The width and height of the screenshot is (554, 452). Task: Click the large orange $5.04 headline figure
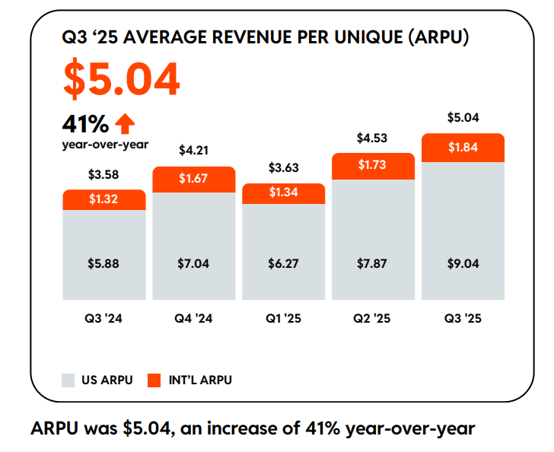point(122,78)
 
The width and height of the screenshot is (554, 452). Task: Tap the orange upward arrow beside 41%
point(124,123)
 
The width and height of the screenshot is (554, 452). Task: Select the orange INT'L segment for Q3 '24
point(104,199)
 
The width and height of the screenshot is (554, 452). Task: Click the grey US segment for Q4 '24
point(193,245)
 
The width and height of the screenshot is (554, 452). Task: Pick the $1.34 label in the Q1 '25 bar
point(283,193)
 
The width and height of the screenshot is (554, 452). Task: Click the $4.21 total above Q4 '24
point(193,151)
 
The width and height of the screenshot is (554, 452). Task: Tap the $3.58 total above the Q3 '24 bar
point(104,174)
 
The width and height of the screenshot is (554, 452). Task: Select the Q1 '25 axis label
point(283,319)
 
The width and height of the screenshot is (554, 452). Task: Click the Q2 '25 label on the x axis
point(373,319)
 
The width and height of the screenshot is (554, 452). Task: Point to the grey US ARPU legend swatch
point(68,379)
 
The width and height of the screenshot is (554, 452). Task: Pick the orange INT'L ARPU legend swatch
point(155,379)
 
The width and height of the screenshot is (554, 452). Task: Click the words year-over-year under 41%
point(105,143)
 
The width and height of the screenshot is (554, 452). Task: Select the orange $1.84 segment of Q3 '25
point(463,148)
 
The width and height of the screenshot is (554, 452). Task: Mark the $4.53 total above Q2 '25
point(373,138)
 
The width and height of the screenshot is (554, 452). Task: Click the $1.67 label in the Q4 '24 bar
point(193,179)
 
